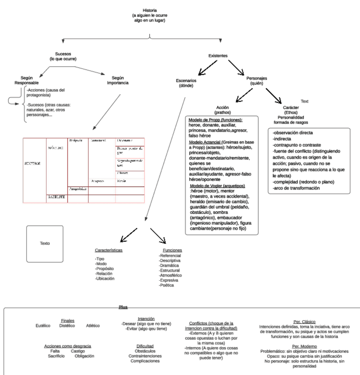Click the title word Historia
pos(149,10)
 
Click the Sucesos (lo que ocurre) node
pos(63,56)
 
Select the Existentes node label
pos(218,56)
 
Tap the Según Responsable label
pos(27,80)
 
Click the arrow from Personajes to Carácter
pos(273,94)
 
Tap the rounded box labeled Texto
pos(45,243)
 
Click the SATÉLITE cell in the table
pos(57,197)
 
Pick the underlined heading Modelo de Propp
pos(216,120)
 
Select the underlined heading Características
pos(109,250)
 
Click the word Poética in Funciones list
pos(167,285)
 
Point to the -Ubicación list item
pos(105,279)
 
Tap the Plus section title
pos(123,306)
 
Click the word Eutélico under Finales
pos(43,325)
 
